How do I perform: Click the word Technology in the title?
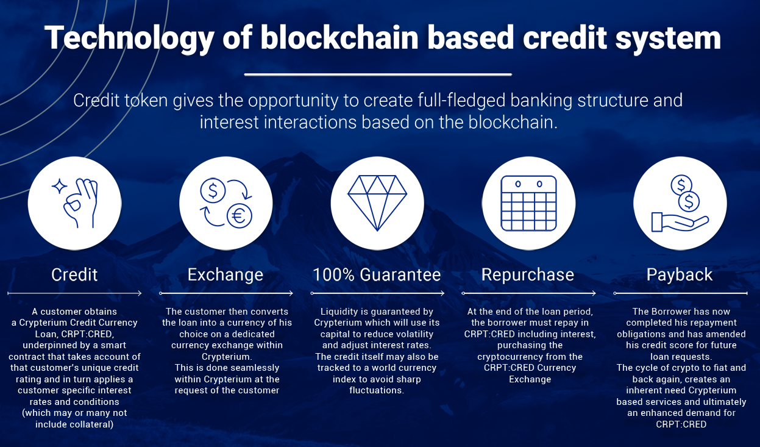[x=129, y=39]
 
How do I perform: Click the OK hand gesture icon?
[x=80, y=203]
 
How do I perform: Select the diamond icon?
[x=377, y=202]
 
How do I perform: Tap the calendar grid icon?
[x=528, y=203]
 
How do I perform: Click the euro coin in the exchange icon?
[x=239, y=216]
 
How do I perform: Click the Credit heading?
[x=74, y=274]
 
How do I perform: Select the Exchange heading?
[x=226, y=274]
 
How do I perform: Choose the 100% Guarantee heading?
[x=377, y=274]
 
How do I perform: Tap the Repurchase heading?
[x=528, y=274]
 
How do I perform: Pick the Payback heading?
[x=680, y=274]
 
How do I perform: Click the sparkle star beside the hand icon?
[x=59, y=186]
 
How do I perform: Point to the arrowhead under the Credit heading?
[x=140, y=293]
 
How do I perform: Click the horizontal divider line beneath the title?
[x=378, y=74]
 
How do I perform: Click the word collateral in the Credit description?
[x=90, y=424]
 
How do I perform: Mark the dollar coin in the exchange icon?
[x=213, y=190]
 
